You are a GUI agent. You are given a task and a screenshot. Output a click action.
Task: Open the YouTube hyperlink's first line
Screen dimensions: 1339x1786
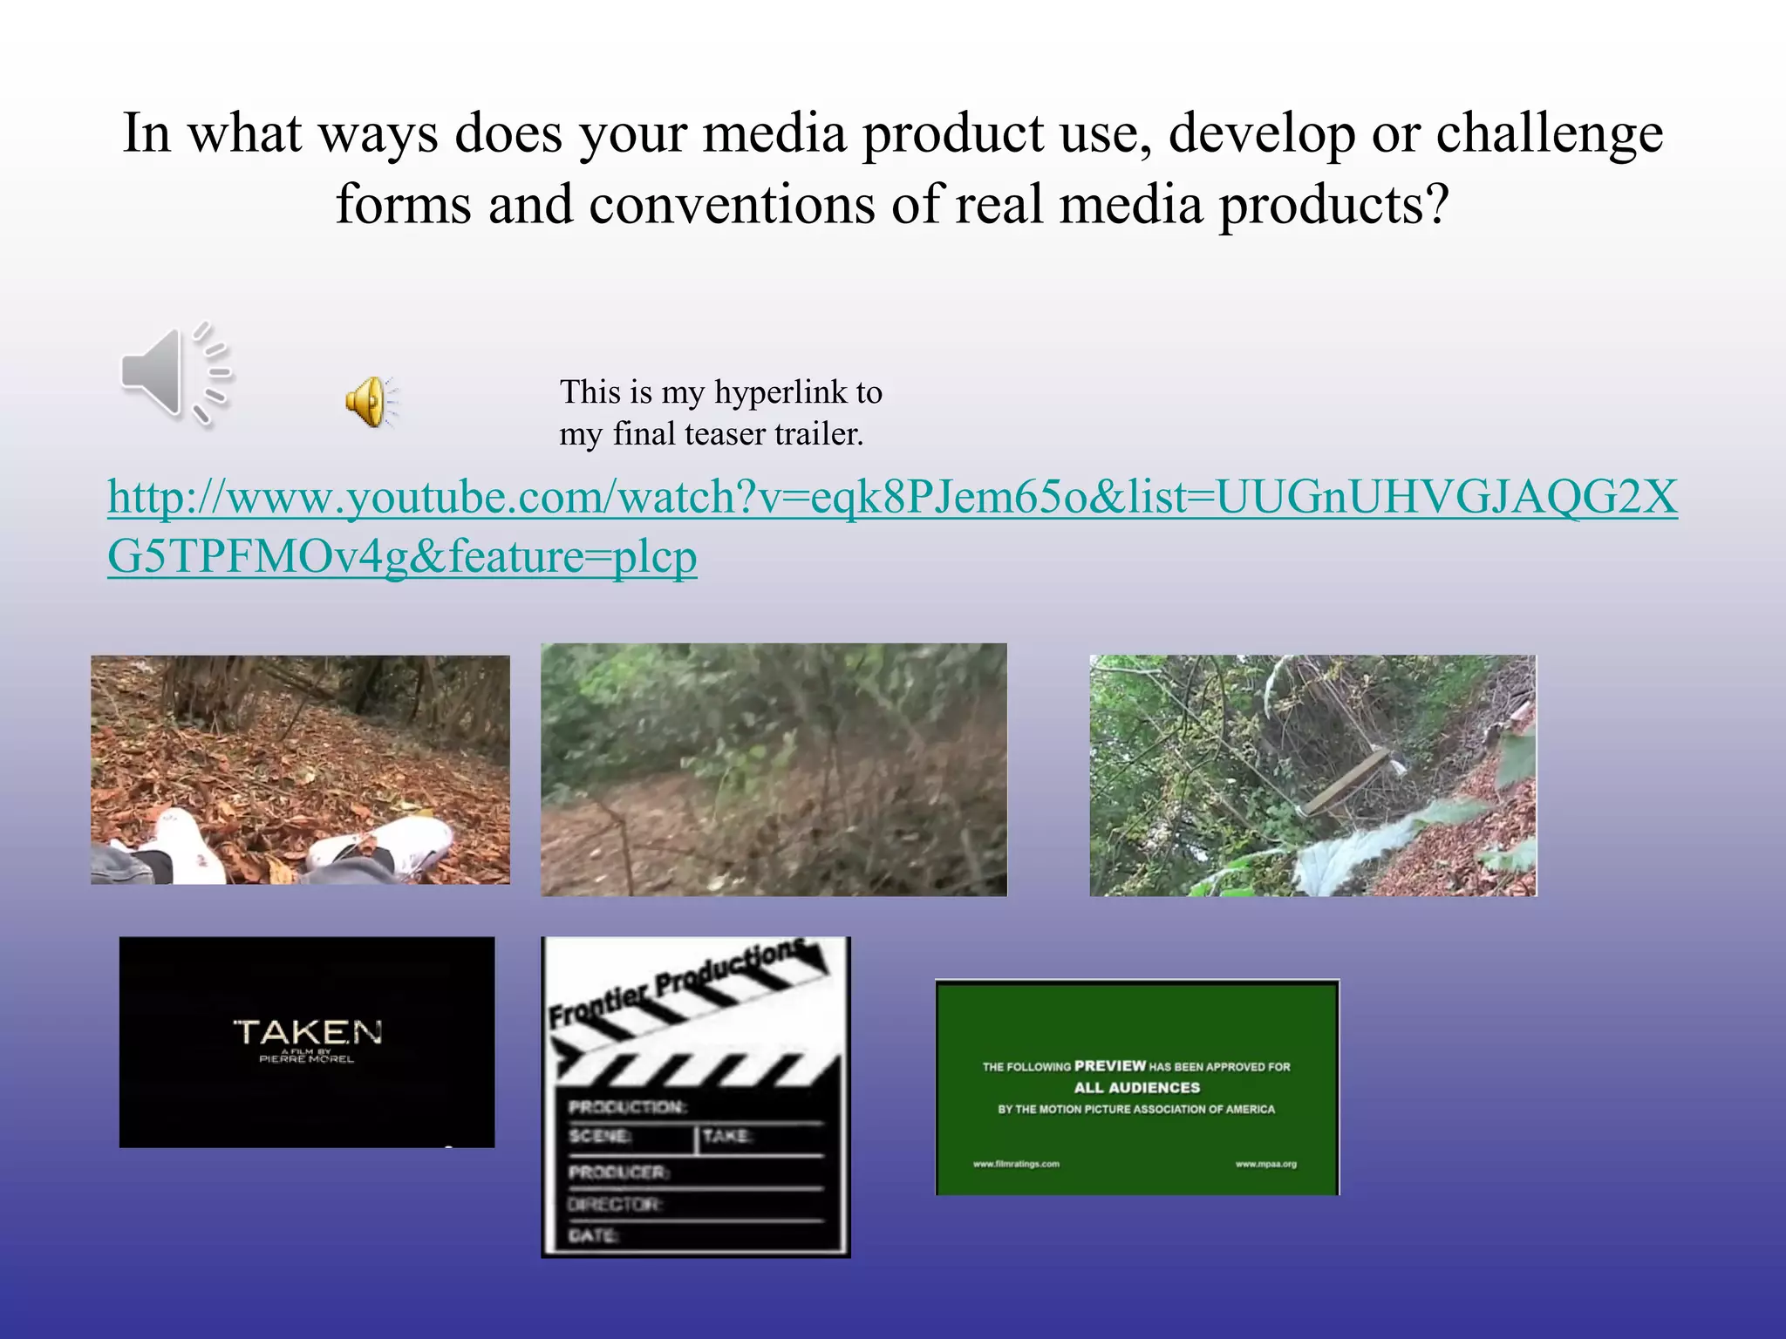tap(891, 497)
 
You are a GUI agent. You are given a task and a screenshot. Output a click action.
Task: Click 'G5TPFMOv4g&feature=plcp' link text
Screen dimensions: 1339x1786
tap(402, 556)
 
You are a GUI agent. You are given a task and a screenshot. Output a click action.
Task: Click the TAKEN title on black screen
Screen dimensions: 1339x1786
tap(307, 1032)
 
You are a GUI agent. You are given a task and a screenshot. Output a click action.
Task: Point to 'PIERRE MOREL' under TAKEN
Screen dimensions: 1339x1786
tap(307, 1059)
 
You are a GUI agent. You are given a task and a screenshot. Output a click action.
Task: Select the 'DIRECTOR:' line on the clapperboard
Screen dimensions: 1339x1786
tap(615, 1204)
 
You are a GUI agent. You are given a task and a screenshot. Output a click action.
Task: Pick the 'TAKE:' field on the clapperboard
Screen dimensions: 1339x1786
tap(726, 1136)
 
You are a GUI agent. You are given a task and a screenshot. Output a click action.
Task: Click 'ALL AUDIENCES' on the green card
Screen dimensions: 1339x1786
tap(1136, 1088)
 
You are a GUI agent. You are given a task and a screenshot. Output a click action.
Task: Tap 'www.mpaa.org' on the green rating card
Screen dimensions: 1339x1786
tap(1265, 1164)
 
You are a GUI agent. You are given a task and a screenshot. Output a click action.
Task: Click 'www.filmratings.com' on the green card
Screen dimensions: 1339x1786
tap(1016, 1164)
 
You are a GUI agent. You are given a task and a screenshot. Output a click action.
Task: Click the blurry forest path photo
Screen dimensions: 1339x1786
tap(774, 770)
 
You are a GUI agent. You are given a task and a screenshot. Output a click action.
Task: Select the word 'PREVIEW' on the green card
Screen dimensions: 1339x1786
tap(1109, 1065)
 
